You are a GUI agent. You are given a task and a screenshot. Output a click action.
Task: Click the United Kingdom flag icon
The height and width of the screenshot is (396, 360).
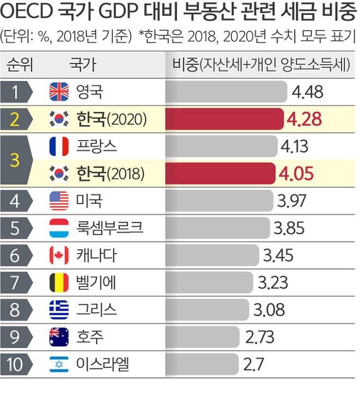59,91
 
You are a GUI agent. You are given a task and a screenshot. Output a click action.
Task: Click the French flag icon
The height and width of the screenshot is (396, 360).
59,146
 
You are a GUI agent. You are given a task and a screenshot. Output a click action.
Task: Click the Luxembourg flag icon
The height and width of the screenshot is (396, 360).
59,228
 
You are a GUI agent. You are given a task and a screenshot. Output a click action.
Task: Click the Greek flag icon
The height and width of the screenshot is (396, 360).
59,310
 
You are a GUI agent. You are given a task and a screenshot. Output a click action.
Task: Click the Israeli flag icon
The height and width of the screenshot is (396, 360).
59,364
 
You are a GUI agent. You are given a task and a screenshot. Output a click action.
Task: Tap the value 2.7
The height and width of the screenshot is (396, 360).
256,364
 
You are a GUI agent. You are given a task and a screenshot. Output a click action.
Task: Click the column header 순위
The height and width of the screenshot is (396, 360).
20,65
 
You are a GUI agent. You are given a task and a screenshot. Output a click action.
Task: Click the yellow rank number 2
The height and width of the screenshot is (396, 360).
15,119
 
